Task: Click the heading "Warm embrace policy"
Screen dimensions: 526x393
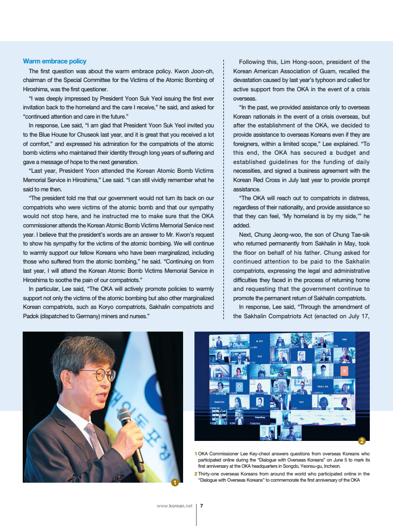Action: [x=54, y=61]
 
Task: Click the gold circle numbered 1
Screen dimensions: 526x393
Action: [x=175, y=483]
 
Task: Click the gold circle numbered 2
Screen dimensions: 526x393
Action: [x=362, y=440]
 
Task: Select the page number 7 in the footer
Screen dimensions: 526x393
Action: [x=202, y=506]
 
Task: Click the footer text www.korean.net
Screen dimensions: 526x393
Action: [x=174, y=506]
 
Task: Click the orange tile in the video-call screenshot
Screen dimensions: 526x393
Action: [x=345, y=371]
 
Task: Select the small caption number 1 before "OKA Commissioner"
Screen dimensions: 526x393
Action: [x=195, y=454]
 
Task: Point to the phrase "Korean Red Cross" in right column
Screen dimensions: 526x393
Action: [x=256, y=180]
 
